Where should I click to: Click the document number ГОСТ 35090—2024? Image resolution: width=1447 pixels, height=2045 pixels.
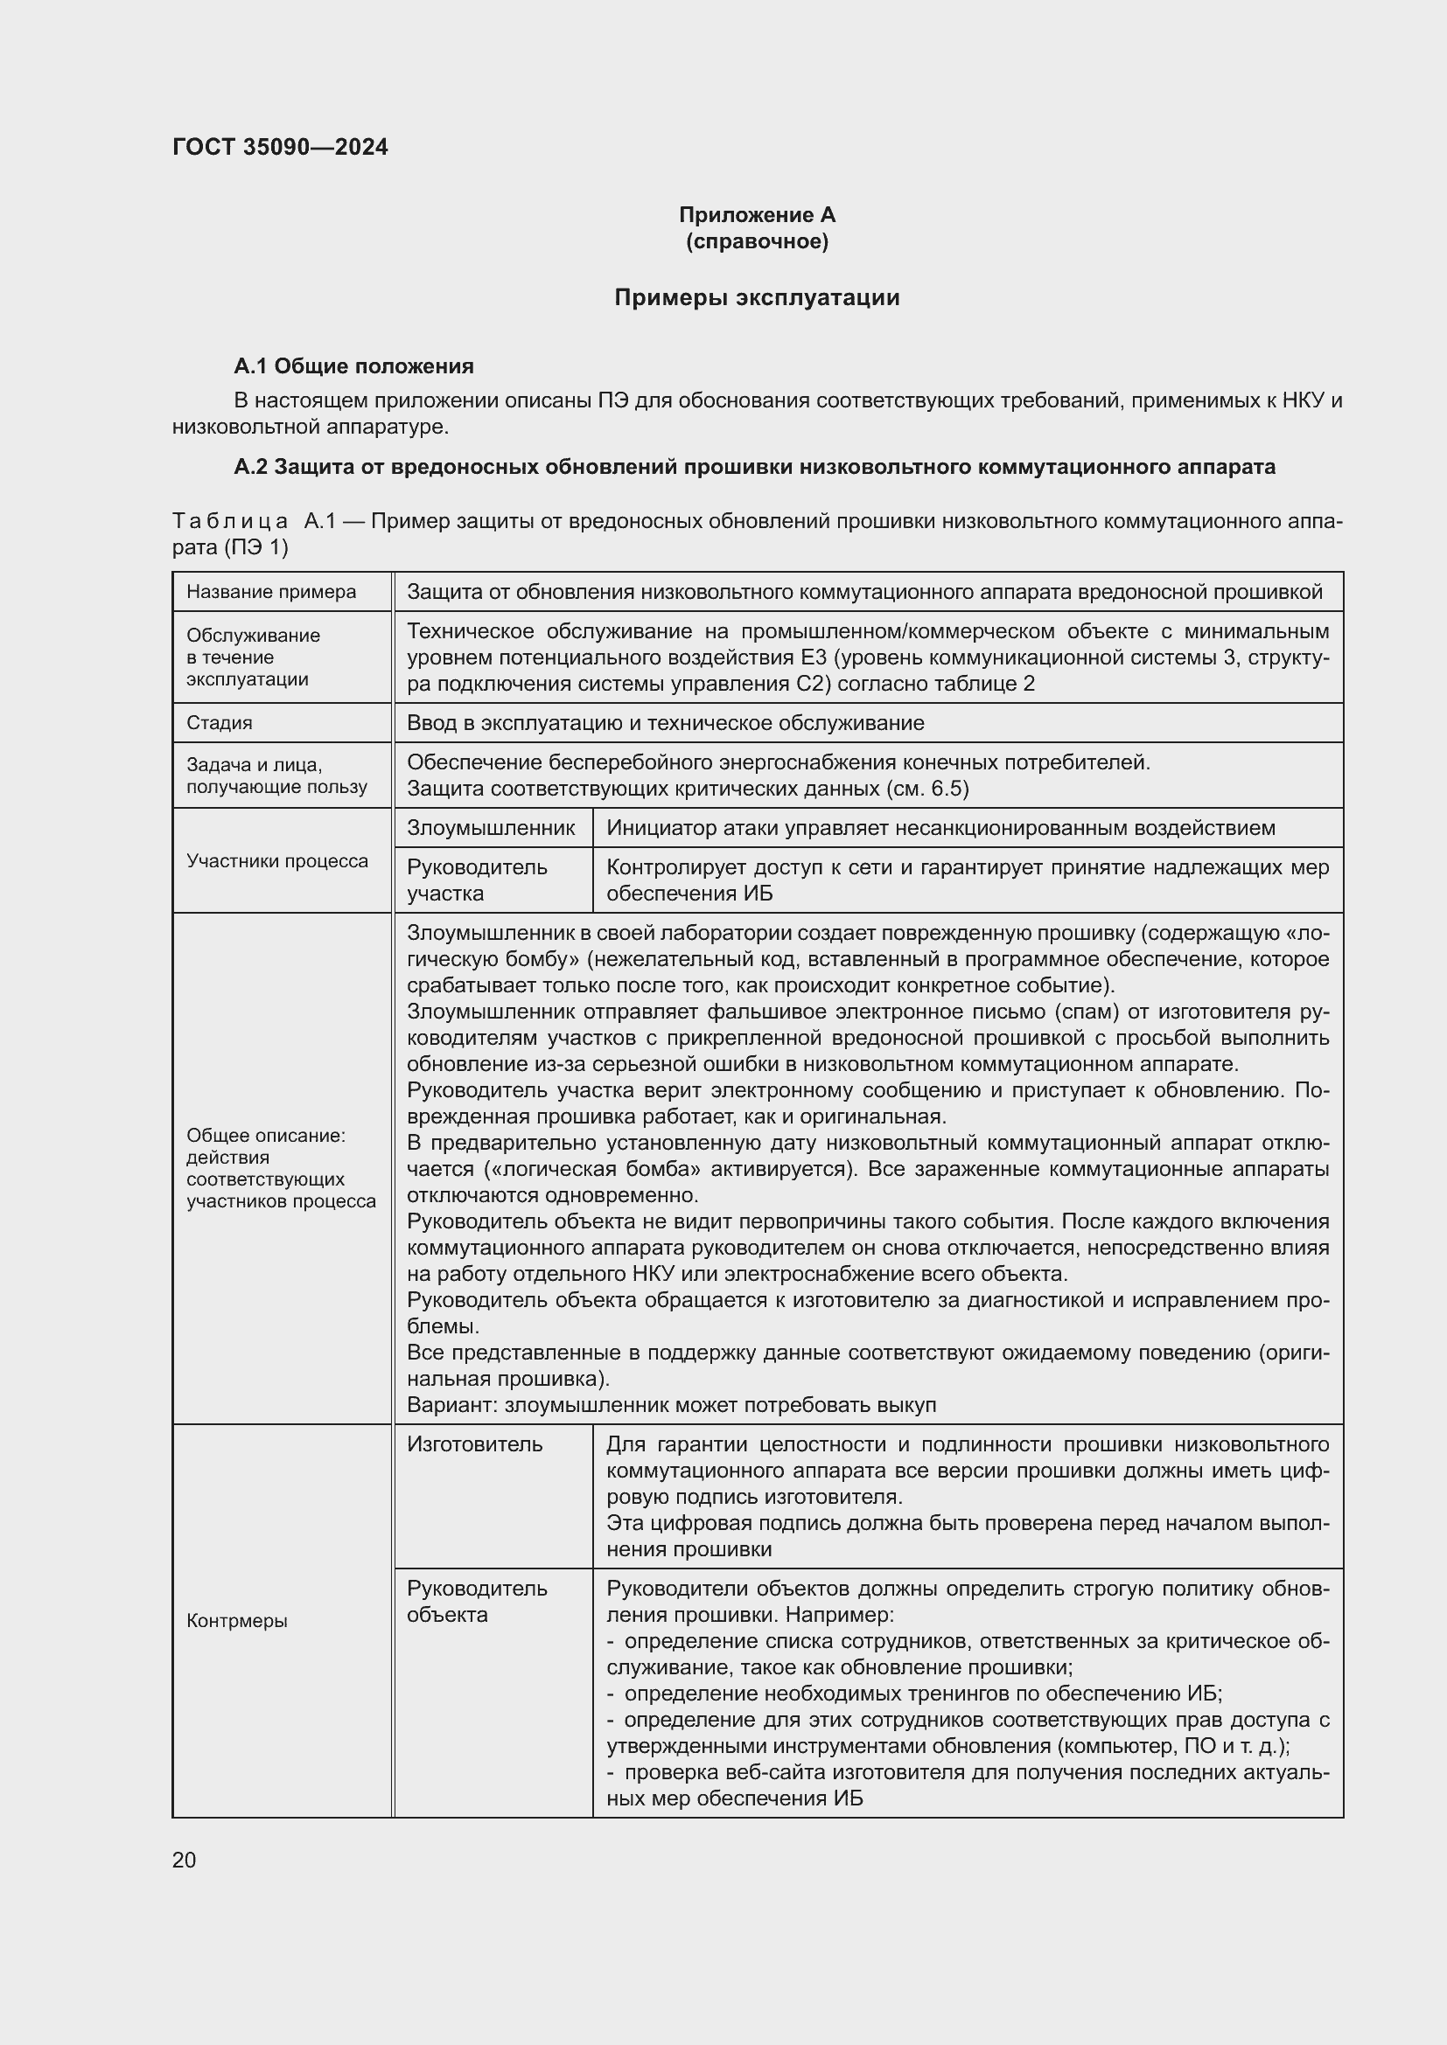pos(280,147)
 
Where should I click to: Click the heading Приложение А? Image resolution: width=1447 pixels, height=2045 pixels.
pos(757,215)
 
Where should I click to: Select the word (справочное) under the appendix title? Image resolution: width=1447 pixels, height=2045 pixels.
pos(757,241)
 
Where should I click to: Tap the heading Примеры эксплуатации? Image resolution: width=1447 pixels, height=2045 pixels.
pos(757,297)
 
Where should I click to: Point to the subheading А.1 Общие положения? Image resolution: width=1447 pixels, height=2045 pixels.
pos(353,366)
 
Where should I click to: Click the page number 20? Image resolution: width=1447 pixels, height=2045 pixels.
pos(184,1860)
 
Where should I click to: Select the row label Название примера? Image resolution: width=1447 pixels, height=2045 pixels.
pos(271,592)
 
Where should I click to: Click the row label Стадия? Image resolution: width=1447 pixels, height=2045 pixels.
pos(220,723)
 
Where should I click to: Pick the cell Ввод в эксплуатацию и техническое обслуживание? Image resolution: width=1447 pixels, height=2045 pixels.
pos(665,723)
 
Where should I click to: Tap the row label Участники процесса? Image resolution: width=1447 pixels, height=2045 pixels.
pos(277,861)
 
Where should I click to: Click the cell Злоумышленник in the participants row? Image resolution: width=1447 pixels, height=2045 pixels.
pos(490,828)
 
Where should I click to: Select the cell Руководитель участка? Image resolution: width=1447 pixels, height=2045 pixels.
pos(477,880)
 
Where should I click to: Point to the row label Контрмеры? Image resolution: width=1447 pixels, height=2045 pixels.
pos(237,1621)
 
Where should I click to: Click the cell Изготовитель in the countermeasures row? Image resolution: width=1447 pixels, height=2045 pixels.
pos(474,1444)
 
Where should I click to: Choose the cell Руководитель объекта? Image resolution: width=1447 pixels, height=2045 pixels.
pos(477,1602)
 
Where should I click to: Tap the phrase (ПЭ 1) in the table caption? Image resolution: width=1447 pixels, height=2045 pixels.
pos(256,546)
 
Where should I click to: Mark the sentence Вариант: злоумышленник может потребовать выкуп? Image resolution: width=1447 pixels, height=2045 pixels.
pos(671,1406)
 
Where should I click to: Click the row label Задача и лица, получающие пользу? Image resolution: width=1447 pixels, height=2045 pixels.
pos(276,776)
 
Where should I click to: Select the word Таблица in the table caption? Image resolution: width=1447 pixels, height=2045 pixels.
pos(230,521)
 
